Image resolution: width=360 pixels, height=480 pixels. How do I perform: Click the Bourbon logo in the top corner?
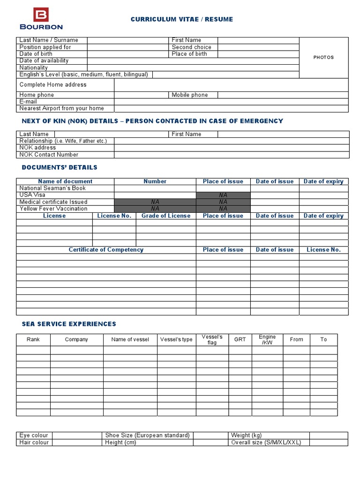click(x=41, y=19)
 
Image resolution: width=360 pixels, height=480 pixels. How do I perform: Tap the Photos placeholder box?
click(x=323, y=57)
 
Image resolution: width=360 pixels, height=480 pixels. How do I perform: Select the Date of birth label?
click(x=36, y=54)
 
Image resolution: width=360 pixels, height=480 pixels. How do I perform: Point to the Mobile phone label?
click(x=189, y=95)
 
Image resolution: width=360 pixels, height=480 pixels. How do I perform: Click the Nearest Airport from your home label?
click(x=61, y=108)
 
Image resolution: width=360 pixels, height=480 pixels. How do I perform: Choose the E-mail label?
click(x=28, y=102)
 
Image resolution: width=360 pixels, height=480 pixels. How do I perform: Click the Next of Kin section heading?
click(x=152, y=121)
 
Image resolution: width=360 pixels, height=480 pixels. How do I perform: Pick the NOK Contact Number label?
click(x=49, y=155)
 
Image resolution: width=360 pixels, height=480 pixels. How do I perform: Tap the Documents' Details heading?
click(x=60, y=167)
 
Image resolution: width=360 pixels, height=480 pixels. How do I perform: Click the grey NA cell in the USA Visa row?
click(x=223, y=195)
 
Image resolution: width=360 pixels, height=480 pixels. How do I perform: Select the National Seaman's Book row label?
click(x=52, y=188)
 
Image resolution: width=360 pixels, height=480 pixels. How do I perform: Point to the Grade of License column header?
click(x=166, y=216)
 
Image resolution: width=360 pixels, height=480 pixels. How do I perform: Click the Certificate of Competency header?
click(x=106, y=250)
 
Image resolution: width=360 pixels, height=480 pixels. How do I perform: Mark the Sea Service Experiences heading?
click(x=69, y=324)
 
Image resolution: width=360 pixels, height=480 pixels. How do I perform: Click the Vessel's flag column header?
click(x=212, y=340)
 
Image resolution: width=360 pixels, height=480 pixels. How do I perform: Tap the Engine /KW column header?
click(x=267, y=340)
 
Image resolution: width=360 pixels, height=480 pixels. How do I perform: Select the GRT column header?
click(x=240, y=339)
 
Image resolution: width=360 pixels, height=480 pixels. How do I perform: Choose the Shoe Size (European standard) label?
click(x=147, y=435)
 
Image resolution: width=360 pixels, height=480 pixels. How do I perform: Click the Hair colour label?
click(x=34, y=442)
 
